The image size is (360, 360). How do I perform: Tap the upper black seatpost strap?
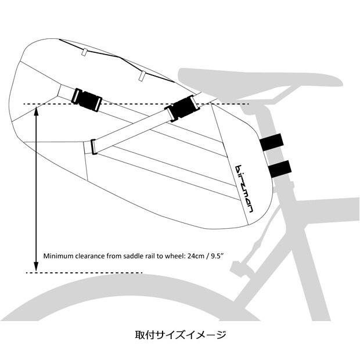click(271, 142)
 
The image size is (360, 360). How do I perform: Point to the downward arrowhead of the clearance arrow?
click(36, 268)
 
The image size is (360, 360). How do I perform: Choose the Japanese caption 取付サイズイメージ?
click(179, 335)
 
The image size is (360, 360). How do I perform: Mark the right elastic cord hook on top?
click(141, 75)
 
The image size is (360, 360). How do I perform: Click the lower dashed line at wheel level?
click(87, 272)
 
